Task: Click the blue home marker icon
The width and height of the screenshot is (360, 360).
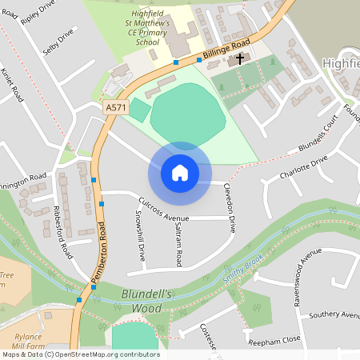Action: pyautogui.click(x=179, y=172)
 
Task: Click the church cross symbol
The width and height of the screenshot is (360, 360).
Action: pyautogui.click(x=238, y=59)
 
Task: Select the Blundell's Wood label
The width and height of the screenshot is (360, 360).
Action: pyautogui.click(x=146, y=301)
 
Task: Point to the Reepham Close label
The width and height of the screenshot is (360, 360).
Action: pyautogui.click(x=274, y=340)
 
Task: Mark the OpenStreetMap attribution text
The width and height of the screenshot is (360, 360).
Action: pyautogui.click(x=81, y=354)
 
